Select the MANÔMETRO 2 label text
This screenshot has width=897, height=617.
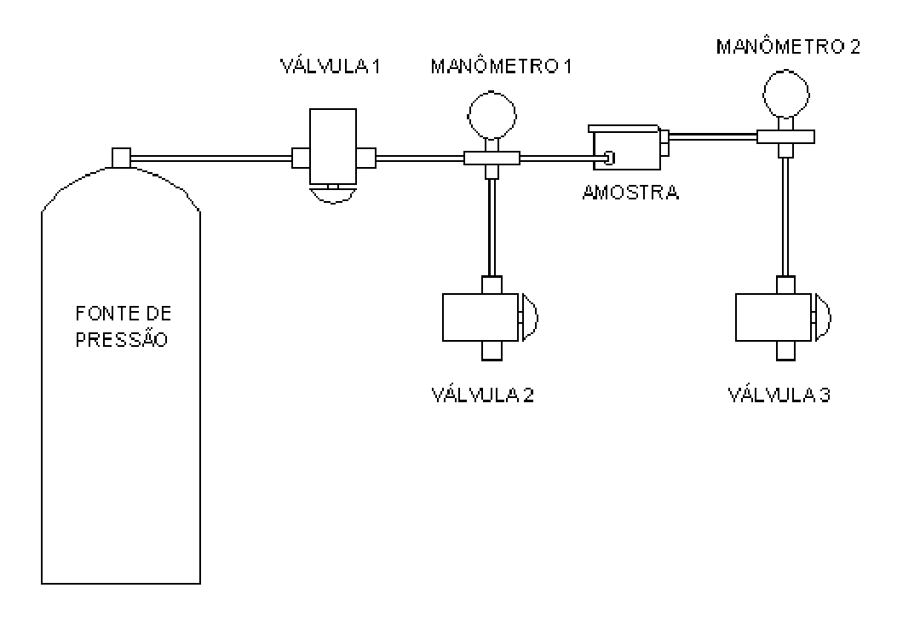point(788,46)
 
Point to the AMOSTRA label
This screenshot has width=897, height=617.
point(630,193)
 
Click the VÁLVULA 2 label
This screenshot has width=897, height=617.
point(483,395)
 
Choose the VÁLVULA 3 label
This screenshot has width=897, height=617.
point(779,395)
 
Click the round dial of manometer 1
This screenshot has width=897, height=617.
point(492,114)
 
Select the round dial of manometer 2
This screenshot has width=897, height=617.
point(786,93)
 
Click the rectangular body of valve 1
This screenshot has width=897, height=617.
point(333,147)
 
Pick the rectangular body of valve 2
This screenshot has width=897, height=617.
point(480,317)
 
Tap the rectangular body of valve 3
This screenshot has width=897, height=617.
point(773,317)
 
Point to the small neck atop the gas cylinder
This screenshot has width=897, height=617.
point(121,158)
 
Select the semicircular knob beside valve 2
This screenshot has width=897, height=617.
point(531,317)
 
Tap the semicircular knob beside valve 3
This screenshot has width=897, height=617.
point(823,317)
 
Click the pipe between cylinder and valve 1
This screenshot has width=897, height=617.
point(211,158)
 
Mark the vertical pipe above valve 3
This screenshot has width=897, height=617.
point(786,217)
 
